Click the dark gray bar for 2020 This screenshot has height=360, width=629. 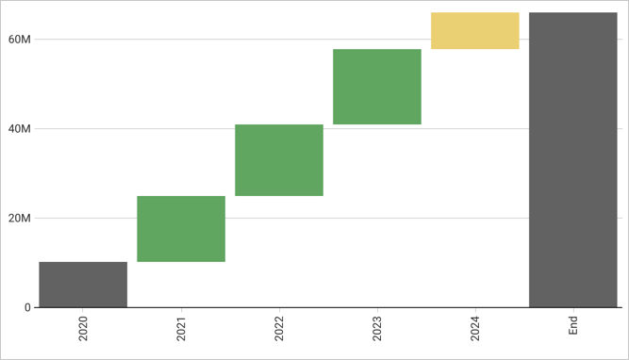83,285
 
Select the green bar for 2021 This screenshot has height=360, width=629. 181,229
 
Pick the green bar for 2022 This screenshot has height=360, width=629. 279,160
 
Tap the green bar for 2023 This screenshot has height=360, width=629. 377,87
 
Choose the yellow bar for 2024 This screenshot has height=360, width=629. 475,31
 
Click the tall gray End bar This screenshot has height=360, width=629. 573,160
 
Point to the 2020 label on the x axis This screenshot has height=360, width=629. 83,329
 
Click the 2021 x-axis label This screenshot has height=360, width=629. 181,329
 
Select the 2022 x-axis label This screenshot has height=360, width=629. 279,329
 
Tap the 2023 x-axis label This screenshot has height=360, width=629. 377,329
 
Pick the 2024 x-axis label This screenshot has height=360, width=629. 475,329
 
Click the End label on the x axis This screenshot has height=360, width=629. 573,326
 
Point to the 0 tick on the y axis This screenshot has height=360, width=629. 27,307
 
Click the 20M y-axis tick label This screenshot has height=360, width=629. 20,219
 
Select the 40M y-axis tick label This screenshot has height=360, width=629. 20,129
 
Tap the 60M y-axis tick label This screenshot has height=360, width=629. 20,40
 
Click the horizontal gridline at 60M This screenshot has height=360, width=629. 236,40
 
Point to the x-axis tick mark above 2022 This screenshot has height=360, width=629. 279,310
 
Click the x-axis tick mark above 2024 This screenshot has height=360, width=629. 475,310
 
